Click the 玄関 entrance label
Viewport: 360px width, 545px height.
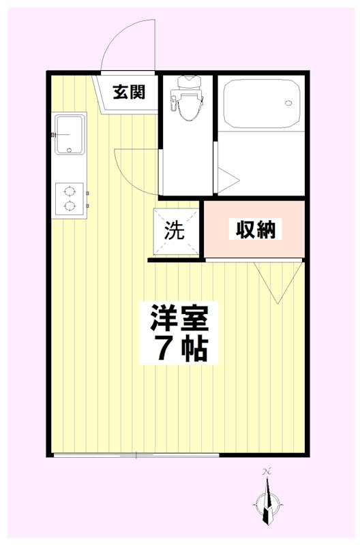coord(129,93)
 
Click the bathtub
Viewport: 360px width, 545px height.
coord(262,106)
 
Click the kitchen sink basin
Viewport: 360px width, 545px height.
coord(69,134)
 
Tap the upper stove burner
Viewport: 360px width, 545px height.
coord(69,191)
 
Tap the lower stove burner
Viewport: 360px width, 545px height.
coord(69,204)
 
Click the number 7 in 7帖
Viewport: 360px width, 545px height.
coord(164,349)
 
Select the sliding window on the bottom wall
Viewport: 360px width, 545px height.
coord(136,455)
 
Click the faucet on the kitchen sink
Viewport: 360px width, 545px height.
coord(54,134)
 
